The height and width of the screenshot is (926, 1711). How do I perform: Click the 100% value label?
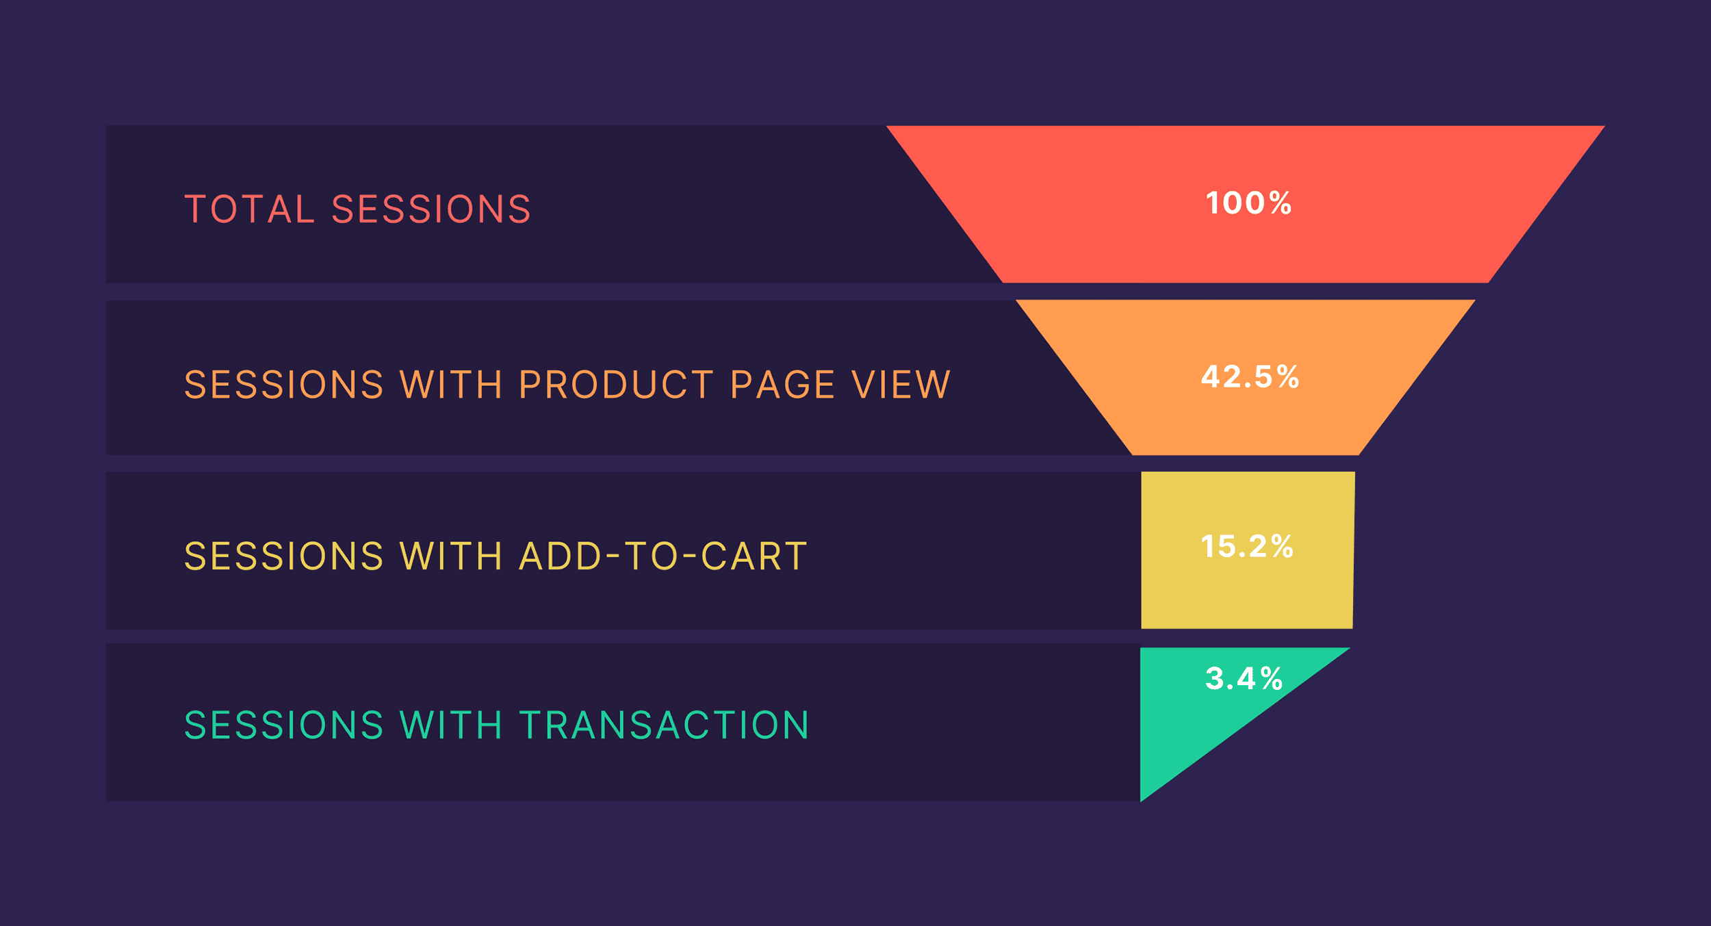coord(1248,203)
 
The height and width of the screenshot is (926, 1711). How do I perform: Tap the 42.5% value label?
coord(1250,377)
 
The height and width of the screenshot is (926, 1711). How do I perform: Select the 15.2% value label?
coord(1247,547)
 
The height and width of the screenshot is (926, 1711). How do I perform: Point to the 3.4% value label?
coord(1244,679)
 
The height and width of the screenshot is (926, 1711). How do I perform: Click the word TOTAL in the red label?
coord(250,209)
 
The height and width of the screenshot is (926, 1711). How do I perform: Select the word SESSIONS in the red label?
coord(431,209)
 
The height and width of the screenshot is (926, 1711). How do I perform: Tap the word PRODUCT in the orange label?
coord(616,385)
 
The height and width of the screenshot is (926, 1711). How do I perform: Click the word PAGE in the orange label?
coord(783,385)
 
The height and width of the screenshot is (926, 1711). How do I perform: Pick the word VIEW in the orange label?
coord(901,385)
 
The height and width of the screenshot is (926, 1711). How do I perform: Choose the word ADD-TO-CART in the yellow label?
coord(663,556)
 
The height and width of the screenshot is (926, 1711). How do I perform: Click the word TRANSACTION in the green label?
coord(665,725)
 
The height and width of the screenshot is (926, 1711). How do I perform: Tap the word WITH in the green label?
coord(451,725)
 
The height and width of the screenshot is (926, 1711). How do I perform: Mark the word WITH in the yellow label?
coord(451,556)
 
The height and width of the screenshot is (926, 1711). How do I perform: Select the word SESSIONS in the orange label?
coord(284,385)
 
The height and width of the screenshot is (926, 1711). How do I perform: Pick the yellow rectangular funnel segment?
coord(1248,550)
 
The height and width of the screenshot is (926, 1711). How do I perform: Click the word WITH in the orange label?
coord(451,385)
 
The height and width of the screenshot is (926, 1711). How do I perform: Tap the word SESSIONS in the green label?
coord(284,725)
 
